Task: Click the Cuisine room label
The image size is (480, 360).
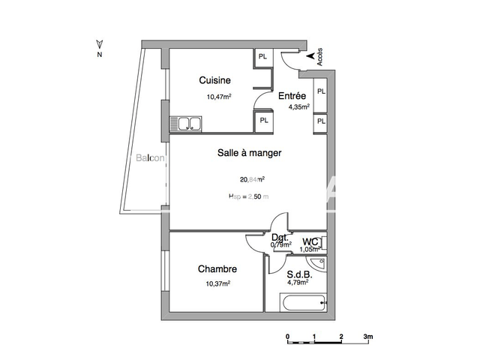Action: coord(214,80)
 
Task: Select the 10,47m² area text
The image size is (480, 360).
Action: coord(219,97)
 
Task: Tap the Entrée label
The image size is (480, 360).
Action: coord(292,96)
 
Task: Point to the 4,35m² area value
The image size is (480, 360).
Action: coord(300,107)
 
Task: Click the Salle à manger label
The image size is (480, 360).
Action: coord(249,153)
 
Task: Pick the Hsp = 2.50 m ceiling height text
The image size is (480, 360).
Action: coord(248,196)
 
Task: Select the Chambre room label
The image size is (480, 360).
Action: coord(217,269)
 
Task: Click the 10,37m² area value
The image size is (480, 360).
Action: coord(218,283)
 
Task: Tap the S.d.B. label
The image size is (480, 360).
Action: coord(299,274)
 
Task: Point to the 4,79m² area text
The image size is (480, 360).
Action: coord(301,285)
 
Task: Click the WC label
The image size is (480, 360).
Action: coord(310,241)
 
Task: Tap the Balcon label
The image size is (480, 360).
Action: coord(150,157)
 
